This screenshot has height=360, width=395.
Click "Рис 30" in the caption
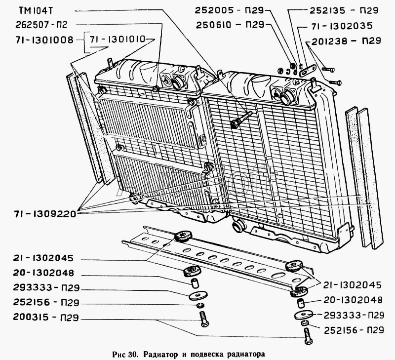click(x=122, y=354)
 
